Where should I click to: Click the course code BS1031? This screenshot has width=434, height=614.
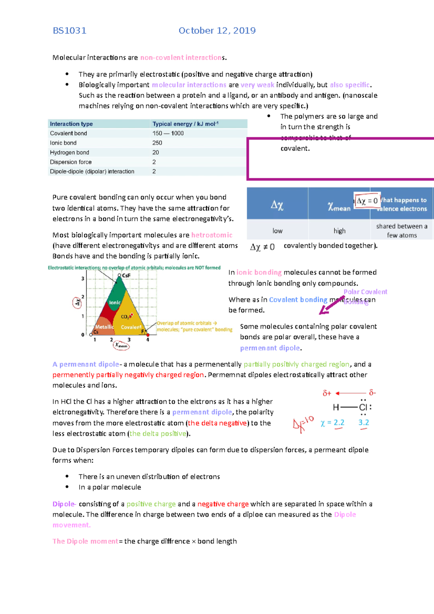(69, 31)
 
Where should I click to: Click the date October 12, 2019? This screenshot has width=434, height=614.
(217, 31)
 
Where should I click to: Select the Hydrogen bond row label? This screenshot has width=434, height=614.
(69, 152)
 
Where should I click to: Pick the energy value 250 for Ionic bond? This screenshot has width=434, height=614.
(157, 143)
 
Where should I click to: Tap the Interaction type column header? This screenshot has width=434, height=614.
(71, 124)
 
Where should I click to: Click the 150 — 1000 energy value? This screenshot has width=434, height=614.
(168, 133)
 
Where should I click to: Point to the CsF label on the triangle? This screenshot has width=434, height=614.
(126, 276)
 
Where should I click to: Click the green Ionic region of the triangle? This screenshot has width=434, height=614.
(115, 302)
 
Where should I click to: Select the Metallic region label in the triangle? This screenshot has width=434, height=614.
(104, 327)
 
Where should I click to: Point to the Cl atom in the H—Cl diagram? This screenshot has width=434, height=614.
(363, 408)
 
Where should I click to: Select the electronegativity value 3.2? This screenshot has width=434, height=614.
(363, 423)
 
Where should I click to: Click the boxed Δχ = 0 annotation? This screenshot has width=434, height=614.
(367, 201)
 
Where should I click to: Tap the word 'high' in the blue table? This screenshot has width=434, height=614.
(339, 231)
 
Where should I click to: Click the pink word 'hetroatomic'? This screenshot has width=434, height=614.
(212, 235)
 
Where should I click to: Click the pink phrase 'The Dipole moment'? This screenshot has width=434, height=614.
(85, 541)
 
